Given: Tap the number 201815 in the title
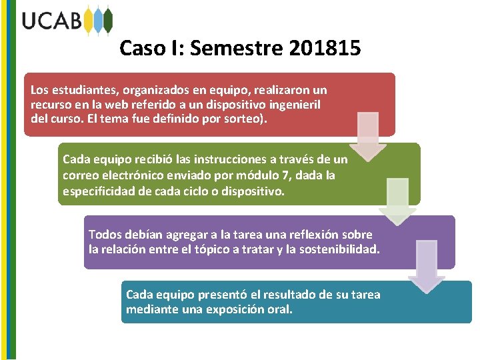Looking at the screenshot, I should tap(326, 48).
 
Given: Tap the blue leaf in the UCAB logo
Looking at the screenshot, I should tap(99, 21).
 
